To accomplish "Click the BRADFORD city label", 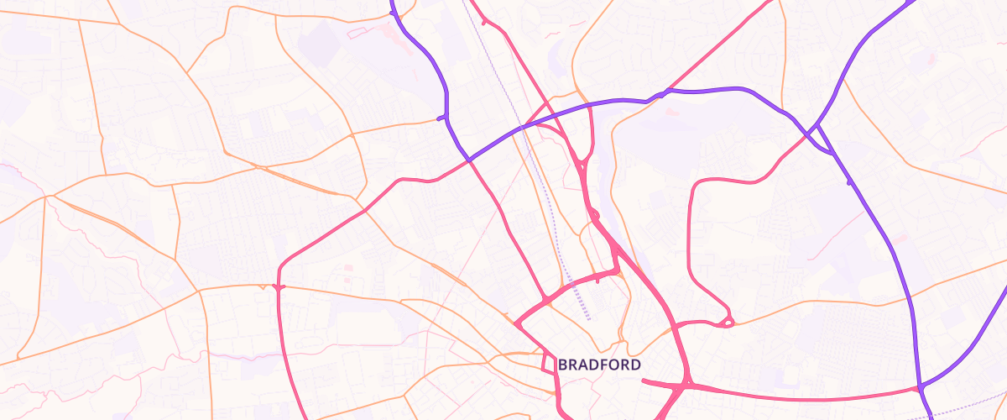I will coord(599,365).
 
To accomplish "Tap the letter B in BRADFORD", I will coord(562,365).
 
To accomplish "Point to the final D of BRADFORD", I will coord(636,365).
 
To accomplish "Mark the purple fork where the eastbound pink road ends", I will coord(921,389).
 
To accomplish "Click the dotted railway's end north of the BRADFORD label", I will coord(589,319).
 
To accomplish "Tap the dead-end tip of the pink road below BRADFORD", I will coord(643,381).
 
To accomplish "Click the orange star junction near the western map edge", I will coord(52,196).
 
